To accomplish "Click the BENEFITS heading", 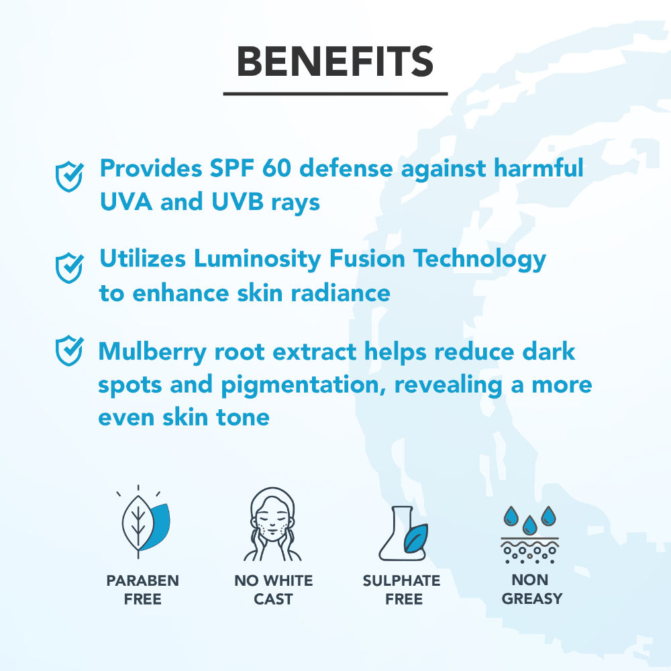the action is (x=335, y=62).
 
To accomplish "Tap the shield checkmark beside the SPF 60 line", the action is (x=69, y=176).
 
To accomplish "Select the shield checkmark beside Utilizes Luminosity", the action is (x=69, y=268).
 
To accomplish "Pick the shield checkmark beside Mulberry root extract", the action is (x=69, y=350).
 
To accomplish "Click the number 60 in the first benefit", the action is (x=276, y=168).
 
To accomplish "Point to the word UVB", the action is (x=238, y=201).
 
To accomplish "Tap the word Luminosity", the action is (x=257, y=259).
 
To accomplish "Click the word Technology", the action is (x=480, y=259).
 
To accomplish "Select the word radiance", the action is (x=341, y=294).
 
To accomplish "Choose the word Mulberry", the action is (x=152, y=352).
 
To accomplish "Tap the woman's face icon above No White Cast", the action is (x=272, y=524).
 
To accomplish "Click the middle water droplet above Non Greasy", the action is (x=530, y=525).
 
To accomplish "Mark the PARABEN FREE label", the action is (x=142, y=590).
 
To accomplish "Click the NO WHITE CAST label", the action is (x=274, y=590).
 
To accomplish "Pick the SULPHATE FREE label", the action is (x=402, y=590).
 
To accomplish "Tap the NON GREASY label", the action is (x=531, y=589).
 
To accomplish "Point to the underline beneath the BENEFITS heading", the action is (x=335, y=94).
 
